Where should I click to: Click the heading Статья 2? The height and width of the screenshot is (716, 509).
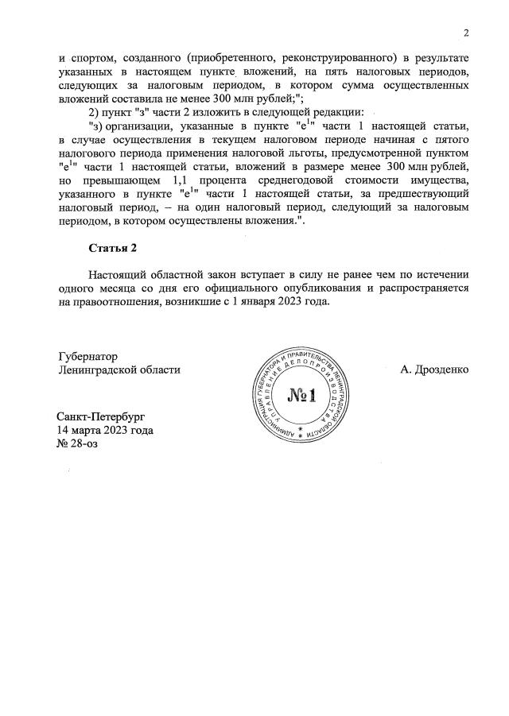pyautogui.click(x=113, y=249)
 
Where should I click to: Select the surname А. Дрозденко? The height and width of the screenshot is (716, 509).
pyautogui.click(x=435, y=369)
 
